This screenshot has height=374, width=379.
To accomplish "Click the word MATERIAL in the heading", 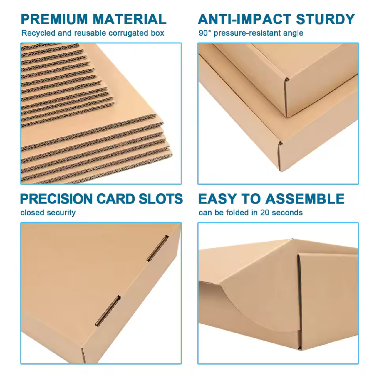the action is point(130,19).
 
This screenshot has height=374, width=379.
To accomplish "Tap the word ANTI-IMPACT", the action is point(244,19).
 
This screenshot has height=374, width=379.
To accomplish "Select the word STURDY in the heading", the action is point(325,19).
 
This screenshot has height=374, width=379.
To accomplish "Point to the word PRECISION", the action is point(56,199).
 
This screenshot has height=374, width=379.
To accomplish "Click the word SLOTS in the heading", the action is point(161,199).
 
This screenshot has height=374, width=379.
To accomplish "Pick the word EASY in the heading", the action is point(217,199).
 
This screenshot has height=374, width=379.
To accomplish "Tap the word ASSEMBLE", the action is point(305,199).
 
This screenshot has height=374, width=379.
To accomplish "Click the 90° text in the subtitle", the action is point(205,33).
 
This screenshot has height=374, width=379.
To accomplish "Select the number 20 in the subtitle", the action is point(265,213).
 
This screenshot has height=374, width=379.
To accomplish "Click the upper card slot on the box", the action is point(157,248).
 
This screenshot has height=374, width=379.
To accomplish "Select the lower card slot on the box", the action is point(108,311).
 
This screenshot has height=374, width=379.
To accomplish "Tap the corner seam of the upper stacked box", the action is point(286,97).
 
